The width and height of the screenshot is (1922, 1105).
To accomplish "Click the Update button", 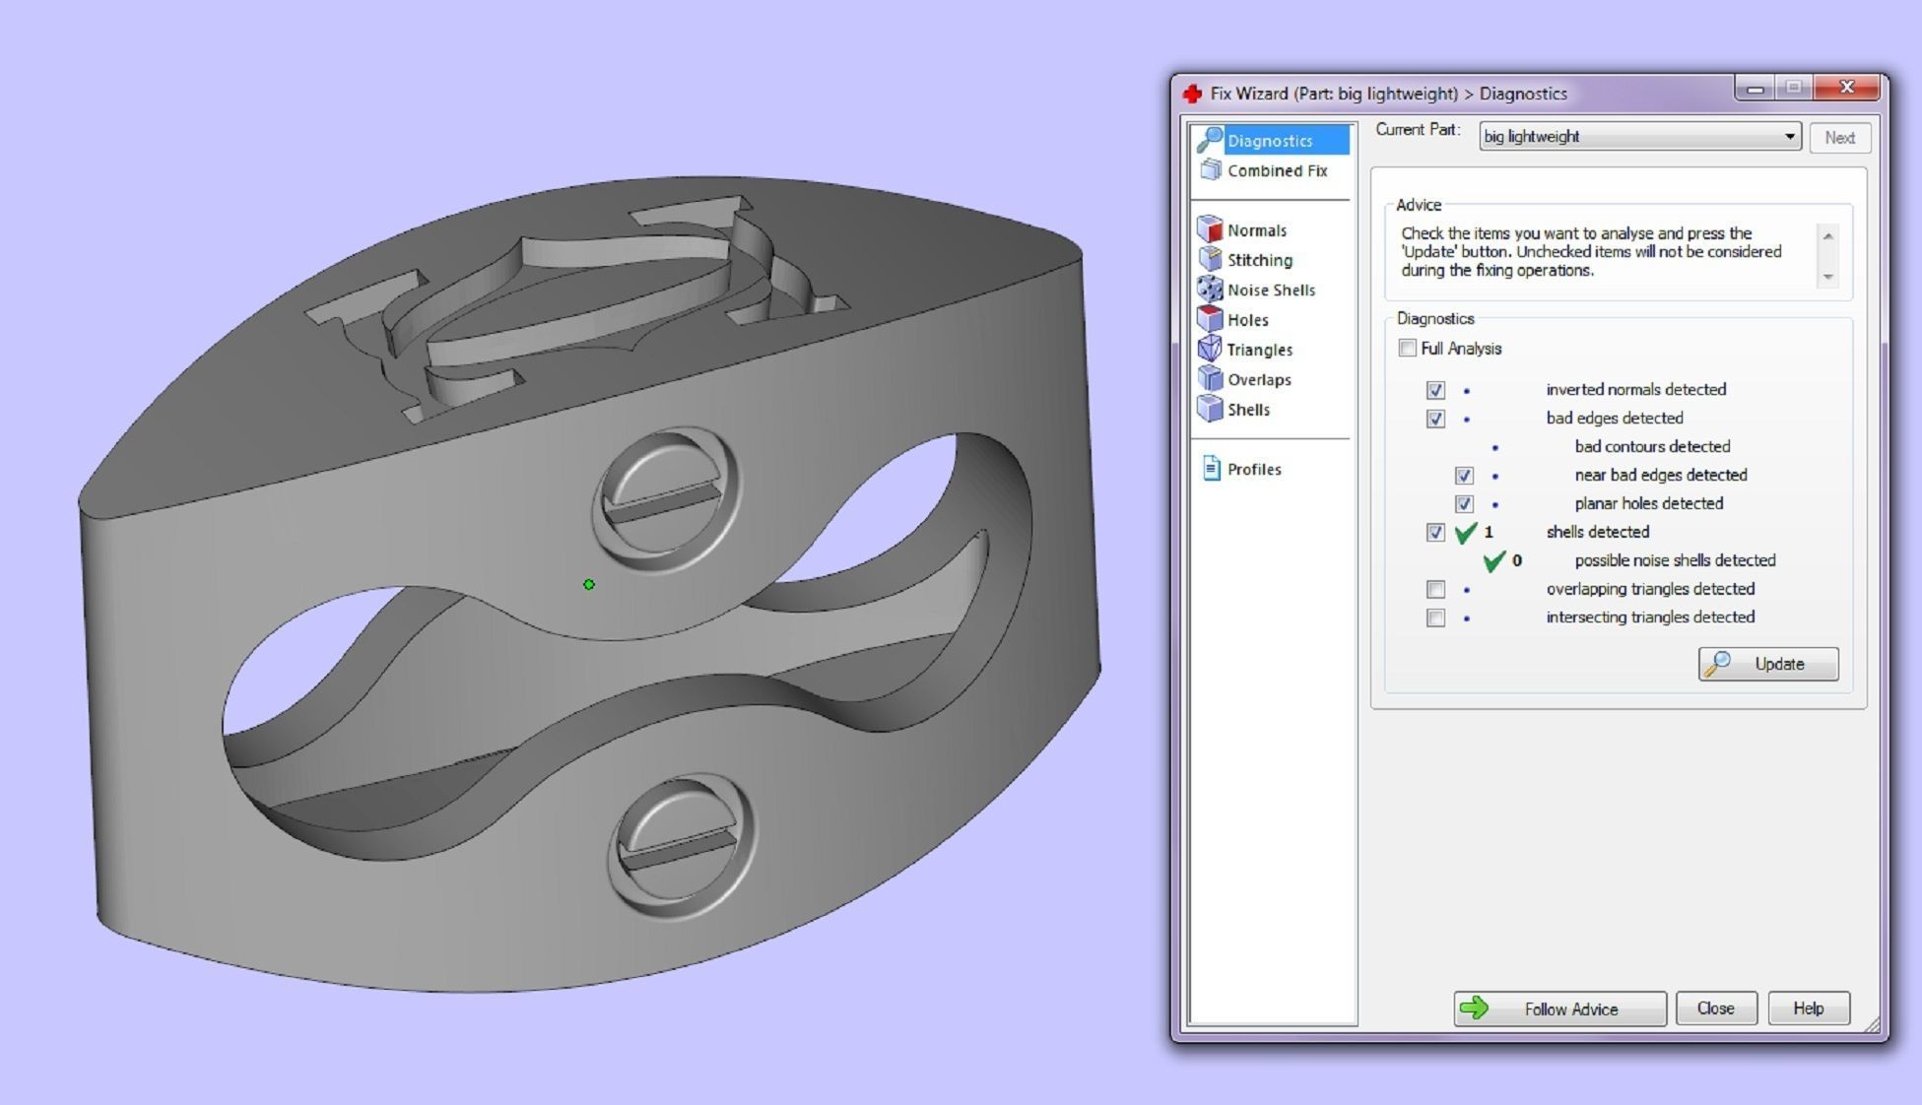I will (x=1767, y=664).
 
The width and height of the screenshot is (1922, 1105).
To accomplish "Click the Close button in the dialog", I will (x=1715, y=1008).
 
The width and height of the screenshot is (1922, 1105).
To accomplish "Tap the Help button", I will (x=1808, y=1008).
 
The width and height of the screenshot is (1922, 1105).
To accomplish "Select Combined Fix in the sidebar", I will (x=1276, y=171).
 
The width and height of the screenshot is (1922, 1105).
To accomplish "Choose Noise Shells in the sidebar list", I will (x=1270, y=291).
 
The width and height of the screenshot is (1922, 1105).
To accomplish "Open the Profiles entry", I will (x=1253, y=470).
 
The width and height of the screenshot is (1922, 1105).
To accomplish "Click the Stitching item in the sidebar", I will (x=1258, y=260).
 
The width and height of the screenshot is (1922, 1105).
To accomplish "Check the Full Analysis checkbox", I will (x=1408, y=349).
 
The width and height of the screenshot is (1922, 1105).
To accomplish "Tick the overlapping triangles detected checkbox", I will (x=1435, y=590).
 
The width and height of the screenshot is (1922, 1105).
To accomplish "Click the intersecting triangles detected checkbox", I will (x=1435, y=618).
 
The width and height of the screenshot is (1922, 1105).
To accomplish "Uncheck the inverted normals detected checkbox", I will (x=1435, y=390).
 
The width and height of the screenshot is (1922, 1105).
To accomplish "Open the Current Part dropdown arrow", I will (x=1789, y=137).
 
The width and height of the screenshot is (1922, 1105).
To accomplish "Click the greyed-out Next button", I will (x=1838, y=138).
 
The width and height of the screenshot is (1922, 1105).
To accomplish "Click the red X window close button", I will (x=1846, y=89).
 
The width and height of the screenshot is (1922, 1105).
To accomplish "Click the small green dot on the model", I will (x=589, y=585).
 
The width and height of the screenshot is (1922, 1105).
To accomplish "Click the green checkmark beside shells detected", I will (x=1465, y=533).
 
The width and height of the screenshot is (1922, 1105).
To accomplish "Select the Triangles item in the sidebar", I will (x=1258, y=350).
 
